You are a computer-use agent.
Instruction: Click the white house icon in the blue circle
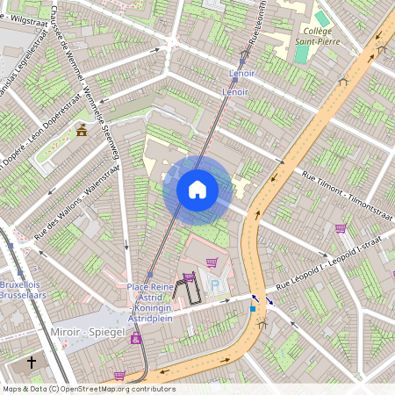pyautogui.click(x=197, y=190)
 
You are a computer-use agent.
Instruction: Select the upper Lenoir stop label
pyautogui.click(x=241, y=74)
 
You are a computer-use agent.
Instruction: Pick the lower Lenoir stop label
pyautogui.click(x=236, y=91)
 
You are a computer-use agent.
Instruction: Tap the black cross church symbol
pyautogui.click(x=32, y=362)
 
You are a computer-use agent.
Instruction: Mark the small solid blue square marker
pyautogui.click(x=253, y=308)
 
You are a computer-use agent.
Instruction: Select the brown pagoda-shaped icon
pyautogui.click(x=82, y=130)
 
